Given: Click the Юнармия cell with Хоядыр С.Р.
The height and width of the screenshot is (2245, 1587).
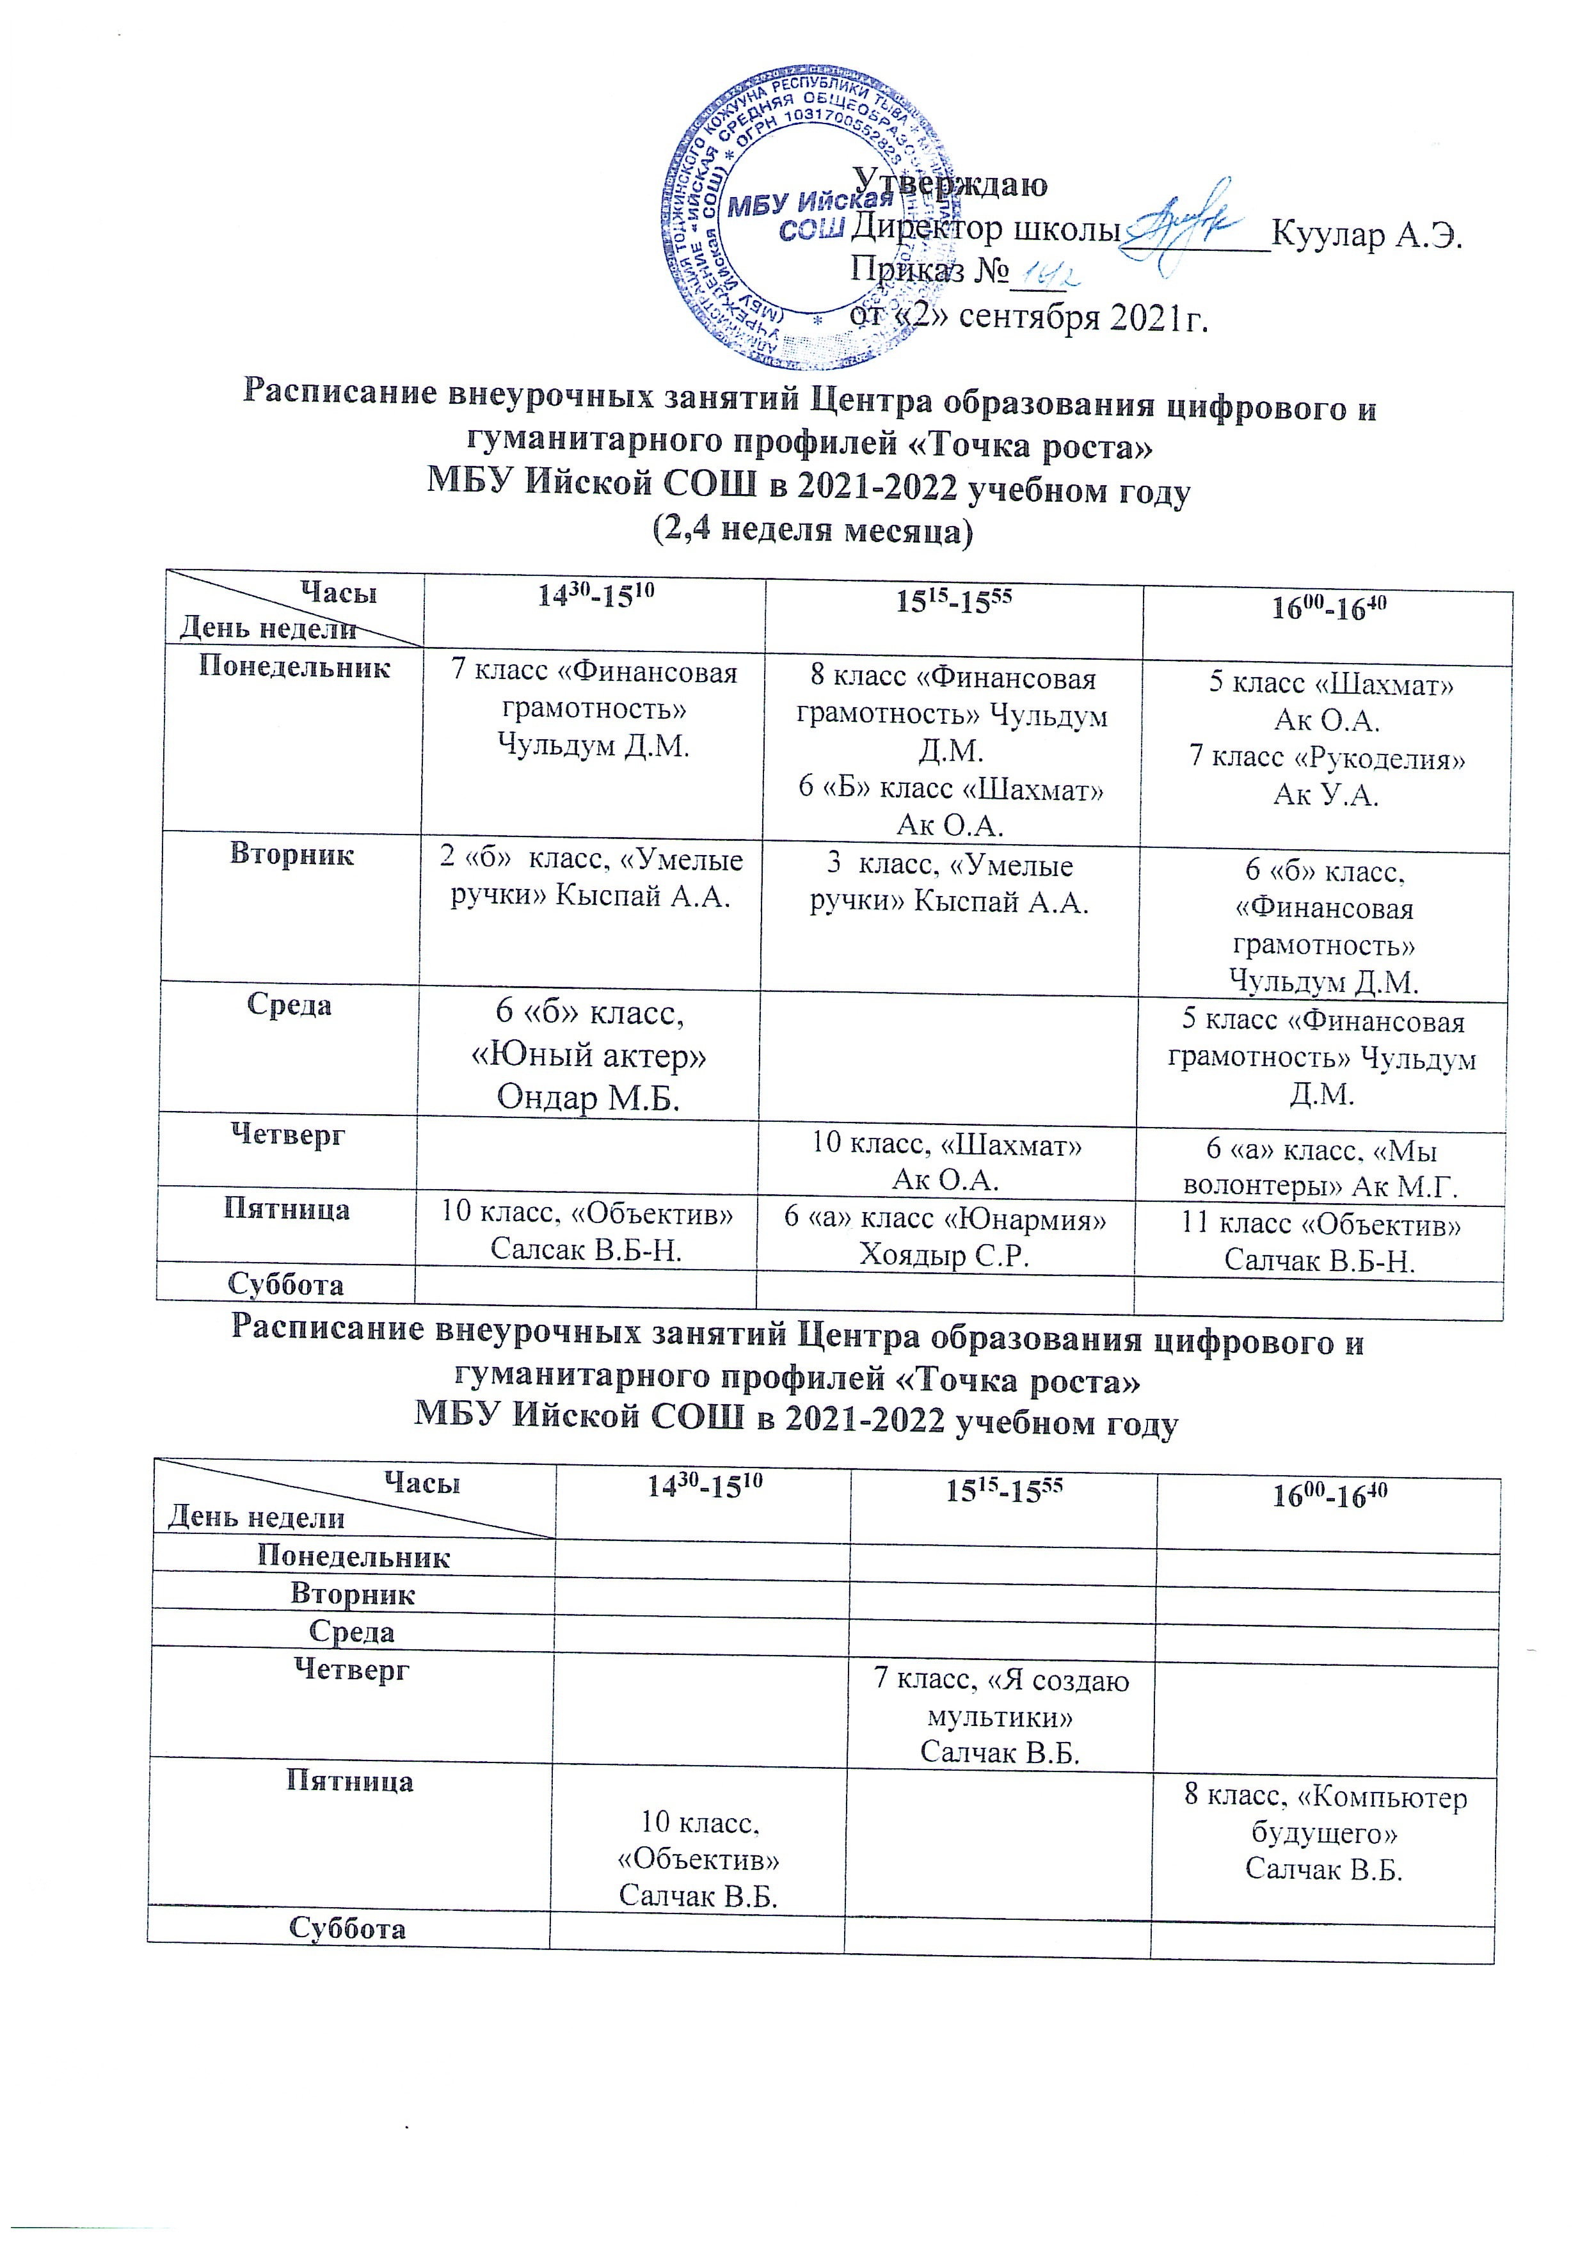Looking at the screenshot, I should click(x=946, y=1236).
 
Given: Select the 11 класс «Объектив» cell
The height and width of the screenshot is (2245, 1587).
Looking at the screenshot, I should click(x=1321, y=1242).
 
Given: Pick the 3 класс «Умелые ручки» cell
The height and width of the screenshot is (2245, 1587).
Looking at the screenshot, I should click(x=950, y=883).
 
